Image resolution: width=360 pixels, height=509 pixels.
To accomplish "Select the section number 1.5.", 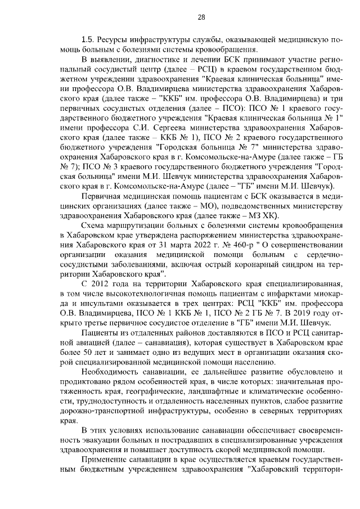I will tap(88, 41).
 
